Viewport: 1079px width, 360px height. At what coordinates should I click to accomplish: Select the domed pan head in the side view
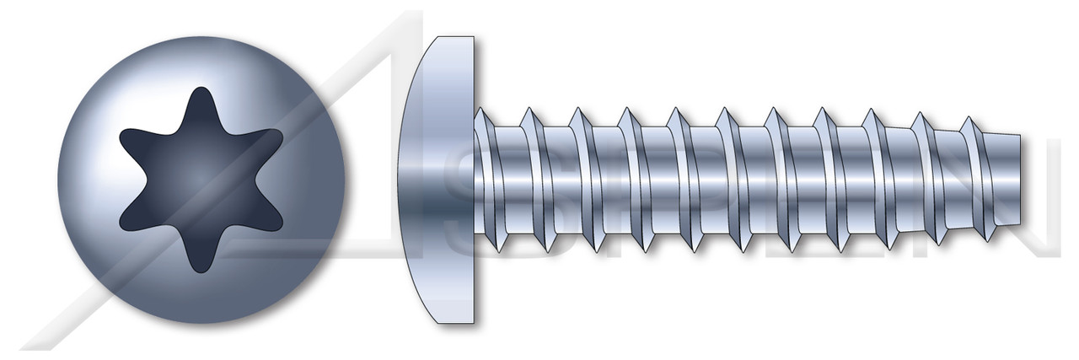pyautogui.click(x=438, y=179)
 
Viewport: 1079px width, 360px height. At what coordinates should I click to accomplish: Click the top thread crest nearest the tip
pyautogui.click(x=971, y=119)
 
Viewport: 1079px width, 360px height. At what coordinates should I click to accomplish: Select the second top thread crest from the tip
pyautogui.click(x=924, y=114)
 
